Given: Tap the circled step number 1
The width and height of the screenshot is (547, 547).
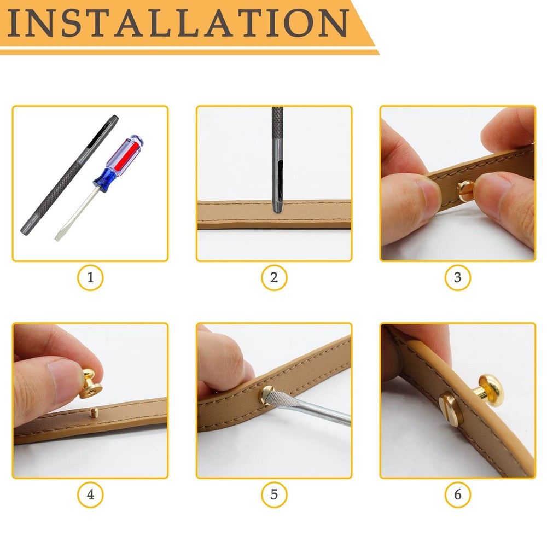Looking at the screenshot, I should [90, 278].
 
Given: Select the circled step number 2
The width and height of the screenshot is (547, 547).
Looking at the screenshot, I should [274, 278].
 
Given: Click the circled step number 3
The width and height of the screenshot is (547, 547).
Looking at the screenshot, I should [457, 278].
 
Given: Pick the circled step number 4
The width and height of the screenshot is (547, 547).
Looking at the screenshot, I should [90, 495].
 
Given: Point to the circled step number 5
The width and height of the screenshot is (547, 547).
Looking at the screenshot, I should [274, 495].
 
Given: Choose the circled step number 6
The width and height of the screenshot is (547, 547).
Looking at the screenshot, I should [457, 495].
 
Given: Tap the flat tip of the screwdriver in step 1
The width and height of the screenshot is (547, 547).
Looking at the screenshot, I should [59, 236].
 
